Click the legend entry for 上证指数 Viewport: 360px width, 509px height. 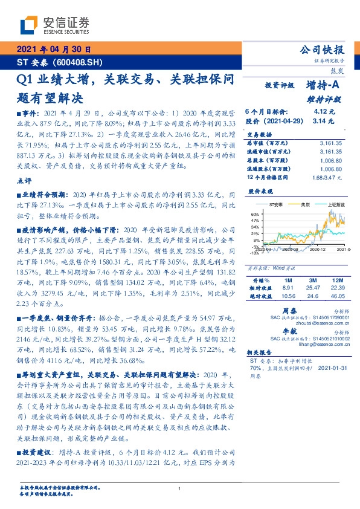336,206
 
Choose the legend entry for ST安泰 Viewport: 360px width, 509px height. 275,206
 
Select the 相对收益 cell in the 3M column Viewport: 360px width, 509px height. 312,289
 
